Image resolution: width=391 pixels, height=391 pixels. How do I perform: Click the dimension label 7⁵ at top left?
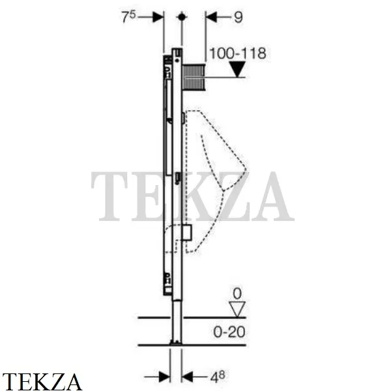click(x=128, y=17)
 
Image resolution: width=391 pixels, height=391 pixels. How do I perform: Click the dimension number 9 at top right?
click(x=238, y=18)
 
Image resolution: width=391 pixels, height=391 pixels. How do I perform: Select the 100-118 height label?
click(x=238, y=53)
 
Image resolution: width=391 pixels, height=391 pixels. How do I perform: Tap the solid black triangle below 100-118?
click(x=238, y=69)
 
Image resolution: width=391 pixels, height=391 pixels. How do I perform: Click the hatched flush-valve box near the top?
click(x=194, y=78)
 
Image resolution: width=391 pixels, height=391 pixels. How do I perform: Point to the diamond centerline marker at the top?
click(x=182, y=17)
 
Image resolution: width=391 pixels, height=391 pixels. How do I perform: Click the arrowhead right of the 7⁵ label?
click(x=158, y=17)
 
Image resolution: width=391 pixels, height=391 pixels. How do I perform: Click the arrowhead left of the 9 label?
click(x=211, y=17)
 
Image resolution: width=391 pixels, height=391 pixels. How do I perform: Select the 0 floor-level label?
click(x=237, y=294)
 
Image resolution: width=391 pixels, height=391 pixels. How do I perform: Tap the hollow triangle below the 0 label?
click(x=237, y=309)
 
